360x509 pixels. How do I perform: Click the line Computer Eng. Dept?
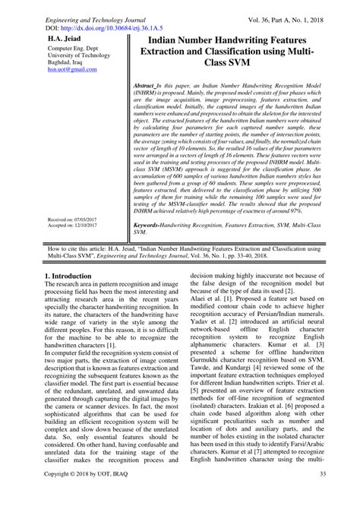point(65,48)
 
